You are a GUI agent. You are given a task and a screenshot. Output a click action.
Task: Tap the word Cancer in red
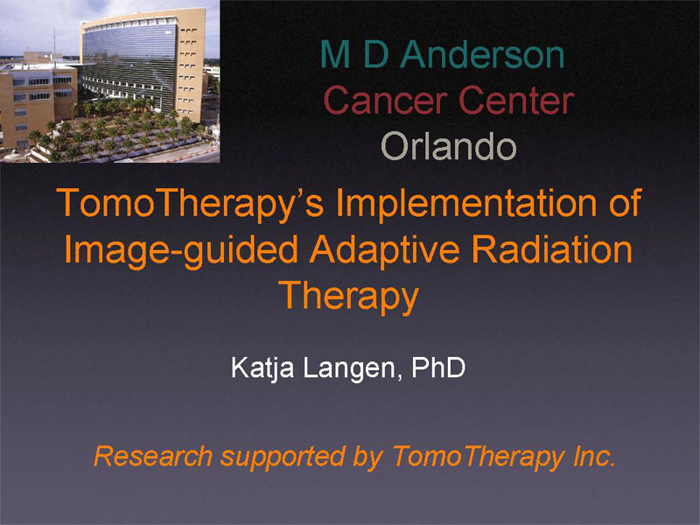[x=386, y=100]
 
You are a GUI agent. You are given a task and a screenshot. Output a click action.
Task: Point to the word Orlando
[x=449, y=146]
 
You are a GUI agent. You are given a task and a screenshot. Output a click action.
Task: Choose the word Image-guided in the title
[x=181, y=251]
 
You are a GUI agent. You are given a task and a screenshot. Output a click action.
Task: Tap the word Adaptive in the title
[x=385, y=251]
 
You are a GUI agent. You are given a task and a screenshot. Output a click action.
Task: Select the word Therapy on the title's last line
[x=349, y=297]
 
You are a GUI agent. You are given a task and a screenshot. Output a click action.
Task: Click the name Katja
[x=262, y=369]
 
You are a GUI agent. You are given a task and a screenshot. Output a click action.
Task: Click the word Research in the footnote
[x=152, y=456]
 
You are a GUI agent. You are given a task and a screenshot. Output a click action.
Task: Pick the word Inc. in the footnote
[x=594, y=456]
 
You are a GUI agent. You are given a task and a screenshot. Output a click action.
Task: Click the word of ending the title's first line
[x=625, y=202]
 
